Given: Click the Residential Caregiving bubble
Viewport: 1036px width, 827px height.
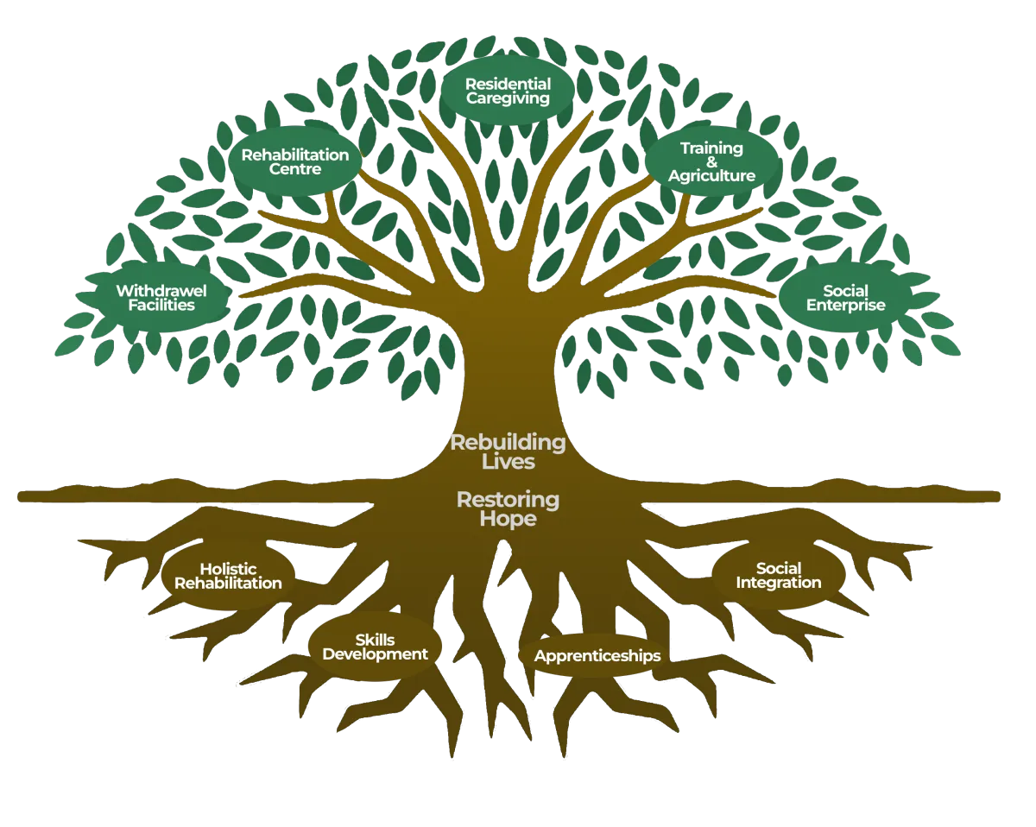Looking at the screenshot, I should tap(508, 91).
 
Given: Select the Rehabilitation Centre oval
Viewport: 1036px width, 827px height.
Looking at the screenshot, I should tap(294, 161).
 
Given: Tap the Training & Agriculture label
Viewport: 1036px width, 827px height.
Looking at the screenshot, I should tap(711, 162).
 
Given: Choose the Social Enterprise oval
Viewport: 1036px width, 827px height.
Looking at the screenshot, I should tap(845, 298).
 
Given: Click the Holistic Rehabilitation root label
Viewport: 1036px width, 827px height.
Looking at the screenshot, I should tap(228, 576).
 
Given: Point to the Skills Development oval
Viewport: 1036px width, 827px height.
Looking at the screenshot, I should tap(375, 647).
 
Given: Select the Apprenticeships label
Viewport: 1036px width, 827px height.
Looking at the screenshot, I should tap(597, 656).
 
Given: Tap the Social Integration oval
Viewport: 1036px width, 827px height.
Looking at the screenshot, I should tap(778, 575).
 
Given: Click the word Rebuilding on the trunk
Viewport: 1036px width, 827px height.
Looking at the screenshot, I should tap(508, 443).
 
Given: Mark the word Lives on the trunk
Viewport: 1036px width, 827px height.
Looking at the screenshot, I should tap(509, 462).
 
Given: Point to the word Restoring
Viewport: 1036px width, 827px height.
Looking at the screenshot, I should tap(508, 499).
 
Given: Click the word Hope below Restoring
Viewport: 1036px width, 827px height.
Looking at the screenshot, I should tap(509, 519).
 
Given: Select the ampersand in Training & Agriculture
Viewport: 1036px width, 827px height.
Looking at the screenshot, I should tap(711, 162).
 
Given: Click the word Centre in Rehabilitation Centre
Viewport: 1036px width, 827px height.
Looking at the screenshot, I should tap(294, 169).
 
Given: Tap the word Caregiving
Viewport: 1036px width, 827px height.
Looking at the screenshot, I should tap(508, 98).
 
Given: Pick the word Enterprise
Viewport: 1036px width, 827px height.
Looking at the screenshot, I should tap(845, 305).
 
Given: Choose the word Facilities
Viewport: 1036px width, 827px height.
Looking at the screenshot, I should tap(161, 305).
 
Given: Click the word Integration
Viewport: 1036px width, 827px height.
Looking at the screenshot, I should tap(778, 583).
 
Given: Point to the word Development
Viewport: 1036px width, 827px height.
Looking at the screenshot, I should tap(375, 654).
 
